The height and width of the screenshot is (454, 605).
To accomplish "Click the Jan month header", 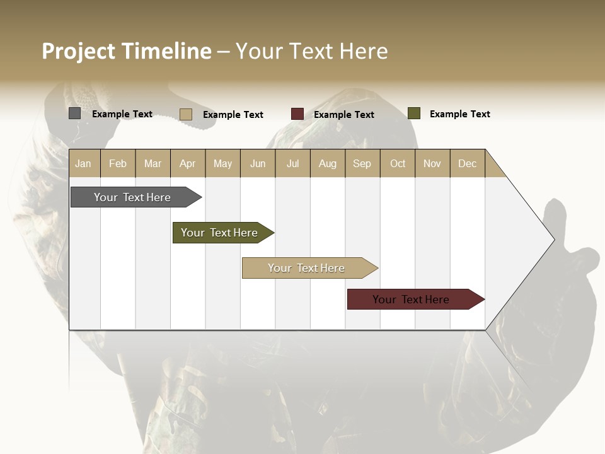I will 84,163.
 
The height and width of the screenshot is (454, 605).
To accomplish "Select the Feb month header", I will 118,163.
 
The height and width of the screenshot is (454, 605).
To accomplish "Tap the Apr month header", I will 188,163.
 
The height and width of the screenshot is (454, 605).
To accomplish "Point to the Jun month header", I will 258,163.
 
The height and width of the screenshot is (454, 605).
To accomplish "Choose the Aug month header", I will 327,163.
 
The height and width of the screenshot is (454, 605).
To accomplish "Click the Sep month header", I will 362,163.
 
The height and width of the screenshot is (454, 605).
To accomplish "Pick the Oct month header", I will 398,163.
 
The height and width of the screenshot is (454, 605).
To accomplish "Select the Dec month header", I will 467,163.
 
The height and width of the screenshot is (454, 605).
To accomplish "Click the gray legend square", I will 74,113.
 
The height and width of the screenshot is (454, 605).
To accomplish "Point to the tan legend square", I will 185,114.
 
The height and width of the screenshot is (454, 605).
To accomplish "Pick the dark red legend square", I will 297,114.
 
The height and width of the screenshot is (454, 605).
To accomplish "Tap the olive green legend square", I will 413,113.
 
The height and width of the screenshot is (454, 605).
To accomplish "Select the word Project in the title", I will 79,51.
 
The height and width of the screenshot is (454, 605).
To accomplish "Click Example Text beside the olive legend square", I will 459,114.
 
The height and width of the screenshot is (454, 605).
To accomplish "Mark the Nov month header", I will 432,163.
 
